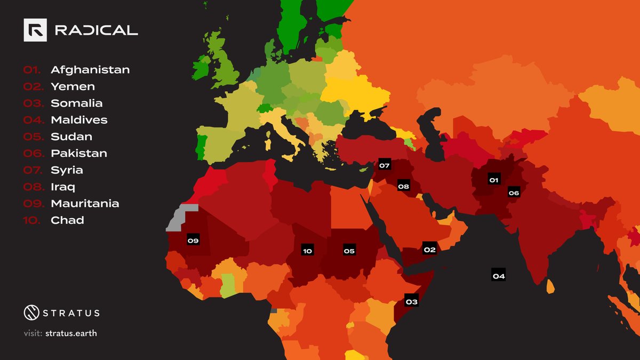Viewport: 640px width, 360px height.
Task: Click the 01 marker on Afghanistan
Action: tap(494, 180)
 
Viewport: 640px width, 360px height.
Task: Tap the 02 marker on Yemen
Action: tap(429, 250)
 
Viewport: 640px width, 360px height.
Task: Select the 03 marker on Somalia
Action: tap(411, 302)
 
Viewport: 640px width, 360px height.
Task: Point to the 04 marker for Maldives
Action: tap(499, 276)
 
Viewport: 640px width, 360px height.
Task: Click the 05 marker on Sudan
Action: tap(349, 251)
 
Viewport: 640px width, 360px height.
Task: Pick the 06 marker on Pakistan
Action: tap(514, 193)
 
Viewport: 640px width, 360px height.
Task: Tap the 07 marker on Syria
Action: tap(385, 165)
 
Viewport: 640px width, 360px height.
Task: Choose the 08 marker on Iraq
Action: tap(403, 187)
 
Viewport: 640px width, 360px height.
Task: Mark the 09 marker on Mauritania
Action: tap(193, 241)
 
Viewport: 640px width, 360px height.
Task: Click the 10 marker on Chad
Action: tap(307, 251)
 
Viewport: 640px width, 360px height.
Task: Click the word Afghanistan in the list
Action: tap(90, 70)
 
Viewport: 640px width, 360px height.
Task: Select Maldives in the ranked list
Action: tap(79, 120)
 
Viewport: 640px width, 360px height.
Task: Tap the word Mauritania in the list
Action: tap(85, 204)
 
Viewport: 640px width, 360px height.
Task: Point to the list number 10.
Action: tap(31, 220)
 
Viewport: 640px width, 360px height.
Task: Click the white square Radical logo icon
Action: tap(35, 30)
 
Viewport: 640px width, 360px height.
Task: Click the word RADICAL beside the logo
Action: tap(96, 31)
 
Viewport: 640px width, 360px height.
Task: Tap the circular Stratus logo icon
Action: tap(33, 313)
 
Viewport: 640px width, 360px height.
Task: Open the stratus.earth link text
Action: tap(75, 334)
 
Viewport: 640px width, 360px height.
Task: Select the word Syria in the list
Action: tap(67, 170)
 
